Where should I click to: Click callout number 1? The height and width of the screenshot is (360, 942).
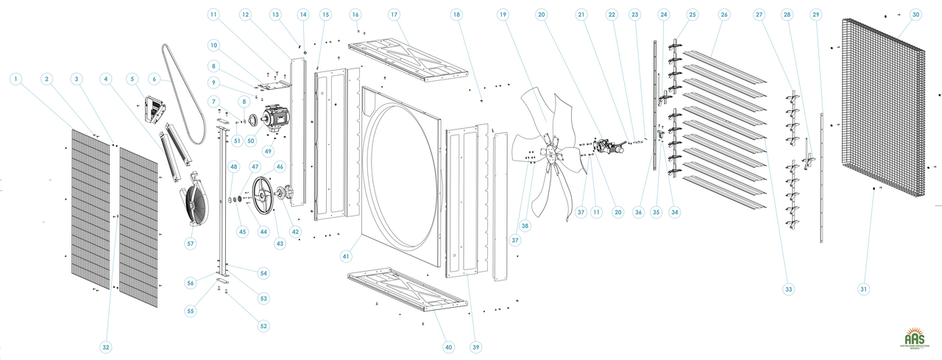[x=16, y=77]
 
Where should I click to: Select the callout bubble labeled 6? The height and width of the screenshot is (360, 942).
[x=155, y=78]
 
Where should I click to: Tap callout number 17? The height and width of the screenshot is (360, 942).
[x=394, y=15]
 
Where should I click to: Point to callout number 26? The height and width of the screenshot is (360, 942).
[x=724, y=15]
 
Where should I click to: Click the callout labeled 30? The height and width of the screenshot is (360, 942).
[x=916, y=15]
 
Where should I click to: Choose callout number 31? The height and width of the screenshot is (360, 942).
[x=863, y=289]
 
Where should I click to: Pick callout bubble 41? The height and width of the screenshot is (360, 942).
[x=345, y=255]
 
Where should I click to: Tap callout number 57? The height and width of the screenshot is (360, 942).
[x=191, y=243]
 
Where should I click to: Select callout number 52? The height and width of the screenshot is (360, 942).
[x=263, y=325]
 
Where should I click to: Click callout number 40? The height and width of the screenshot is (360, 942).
[x=448, y=347]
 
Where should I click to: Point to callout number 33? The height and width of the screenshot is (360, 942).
[x=789, y=289]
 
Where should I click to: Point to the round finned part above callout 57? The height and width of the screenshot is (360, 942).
[x=199, y=202]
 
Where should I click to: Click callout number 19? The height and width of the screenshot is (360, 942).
[x=503, y=15]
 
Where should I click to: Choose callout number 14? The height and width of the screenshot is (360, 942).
[x=303, y=15]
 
